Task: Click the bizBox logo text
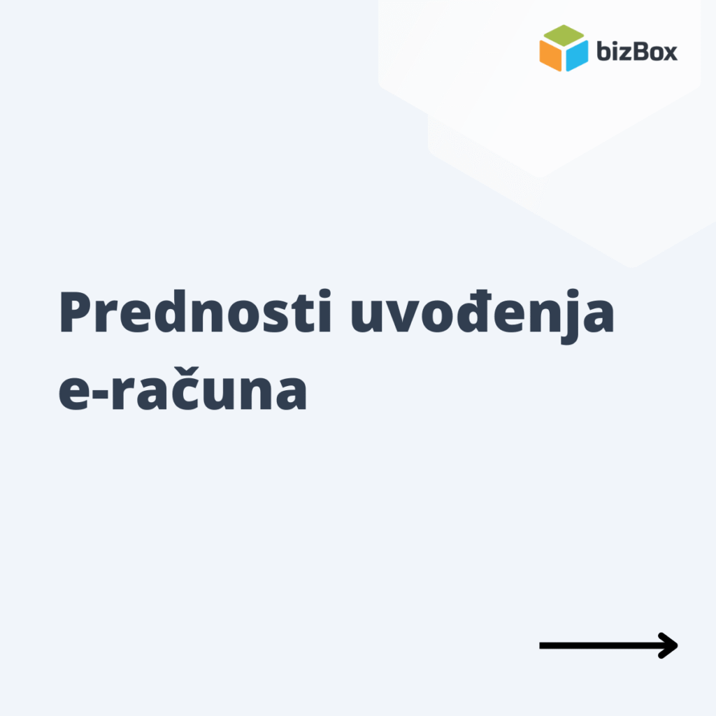[x=637, y=51]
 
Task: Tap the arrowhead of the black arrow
[x=671, y=645]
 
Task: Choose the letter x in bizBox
[x=669, y=53]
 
